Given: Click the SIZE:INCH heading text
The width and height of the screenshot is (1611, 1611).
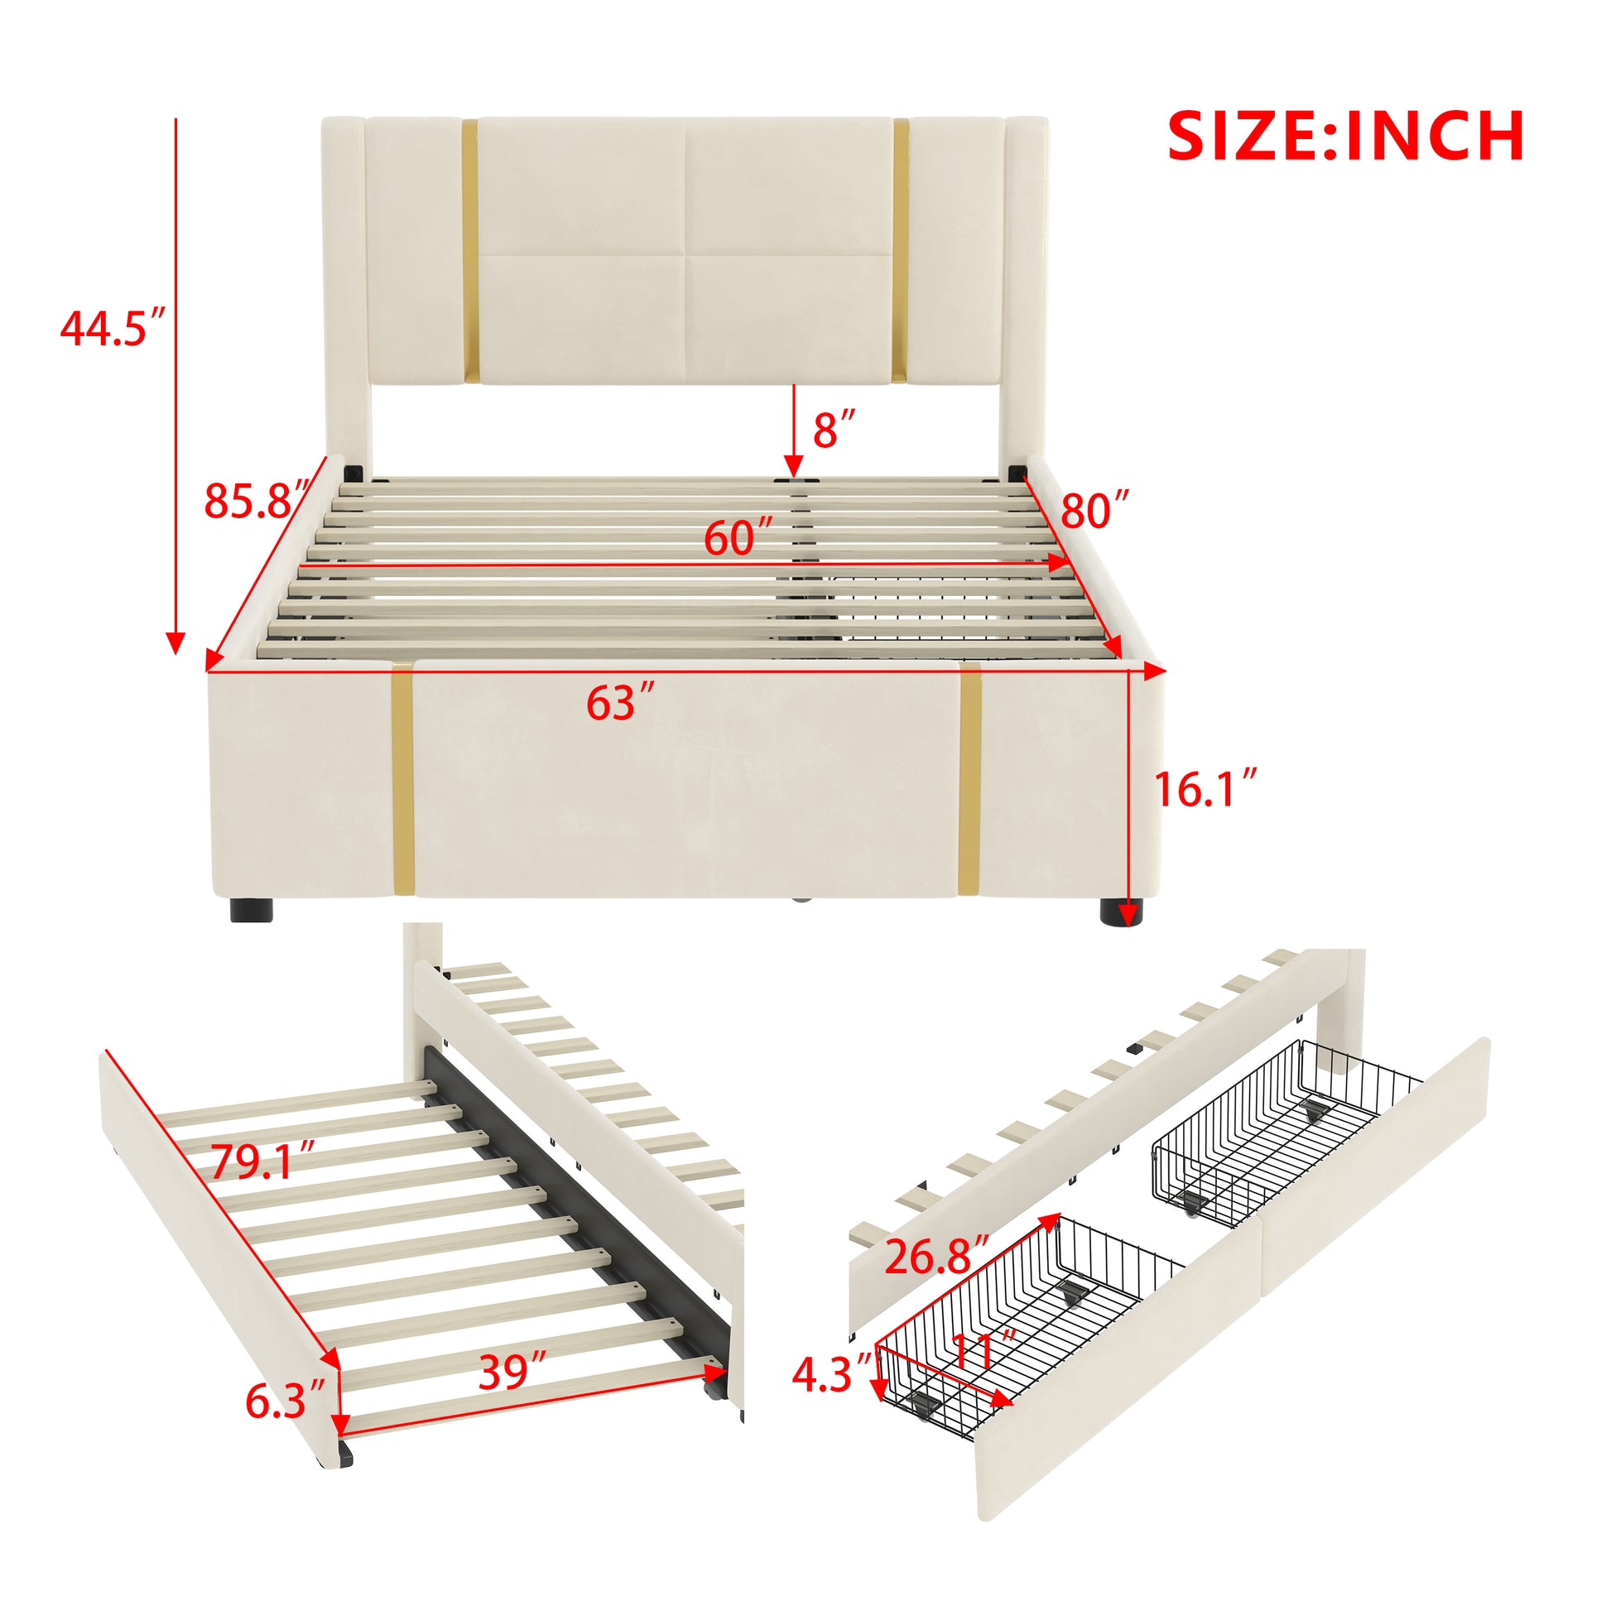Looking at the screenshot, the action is coord(1346,136).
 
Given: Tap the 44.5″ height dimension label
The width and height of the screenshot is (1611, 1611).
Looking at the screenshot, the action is coord(114,328).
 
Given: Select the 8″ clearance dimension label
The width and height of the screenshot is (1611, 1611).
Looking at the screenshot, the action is coord(834,430).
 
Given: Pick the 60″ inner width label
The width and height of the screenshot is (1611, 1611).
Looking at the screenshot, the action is coord(738,538).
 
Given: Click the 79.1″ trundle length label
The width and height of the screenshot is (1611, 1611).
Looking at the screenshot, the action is coord(262,1161).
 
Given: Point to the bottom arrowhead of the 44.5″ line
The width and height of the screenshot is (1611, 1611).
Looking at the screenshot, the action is coord(176,642).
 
